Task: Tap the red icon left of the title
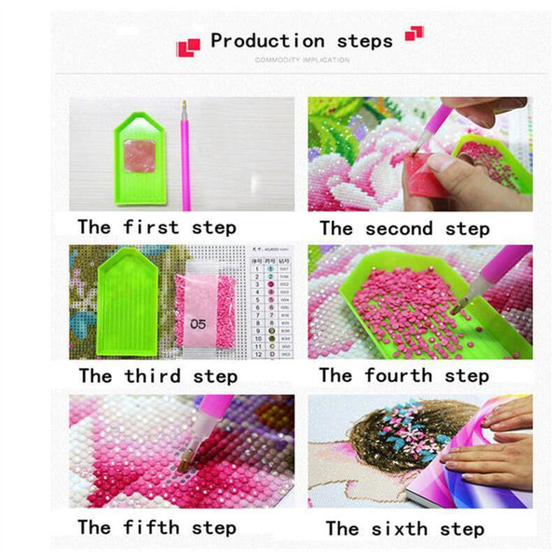click(x=189, y=45)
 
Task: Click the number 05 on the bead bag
click(x=198, y=325)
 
